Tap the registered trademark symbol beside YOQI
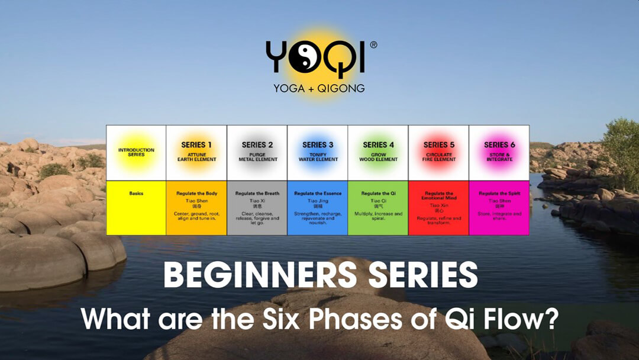(373, 44)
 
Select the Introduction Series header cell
(135, 152)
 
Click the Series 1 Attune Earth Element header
(196, 152)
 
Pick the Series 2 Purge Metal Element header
(257, 152)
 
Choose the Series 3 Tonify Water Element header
(318, 152)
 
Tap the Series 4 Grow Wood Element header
(378, 152)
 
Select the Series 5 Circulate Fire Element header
(438, 152)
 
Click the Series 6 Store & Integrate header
(499, 152)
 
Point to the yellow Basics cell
(135, 208)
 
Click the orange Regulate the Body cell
(196, 208)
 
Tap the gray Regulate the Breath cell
(257, 208)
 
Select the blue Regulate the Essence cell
(318, 208)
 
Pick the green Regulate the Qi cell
(378, 208)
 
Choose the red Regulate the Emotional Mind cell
(438, 208)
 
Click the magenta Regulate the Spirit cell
(499, 208)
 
